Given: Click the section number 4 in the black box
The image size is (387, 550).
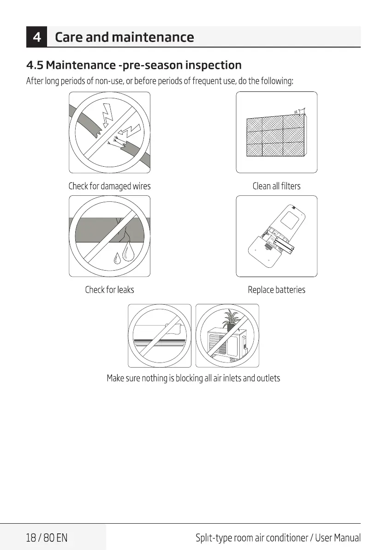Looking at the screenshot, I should click(36, 37).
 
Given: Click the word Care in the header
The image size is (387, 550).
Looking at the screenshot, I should click(69, 37).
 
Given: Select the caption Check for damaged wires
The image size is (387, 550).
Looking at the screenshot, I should click(109, 186).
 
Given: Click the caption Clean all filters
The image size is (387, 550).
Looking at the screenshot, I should click(276, 186).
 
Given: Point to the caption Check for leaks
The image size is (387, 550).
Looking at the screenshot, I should click(109, 290).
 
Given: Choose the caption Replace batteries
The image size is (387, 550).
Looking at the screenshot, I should click(276, 290).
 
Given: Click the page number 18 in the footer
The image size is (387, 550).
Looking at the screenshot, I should click(32, 538).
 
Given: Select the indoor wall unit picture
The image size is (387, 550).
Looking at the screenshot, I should click(159, 336).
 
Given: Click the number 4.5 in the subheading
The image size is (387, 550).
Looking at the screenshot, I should click(35, 65).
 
